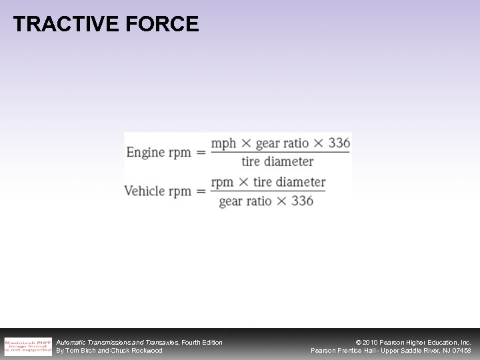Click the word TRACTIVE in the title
coord(57,25)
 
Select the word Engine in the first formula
coord(145,153)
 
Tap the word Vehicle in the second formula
coord(145,191)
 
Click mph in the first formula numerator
coord(223,144)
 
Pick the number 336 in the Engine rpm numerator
coord(339,144)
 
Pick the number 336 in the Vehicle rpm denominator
coord(302,201)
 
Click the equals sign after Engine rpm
coord(200,153)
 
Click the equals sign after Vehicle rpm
coord(200,191)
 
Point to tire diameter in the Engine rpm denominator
coord(277,161)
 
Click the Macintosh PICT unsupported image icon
coord(27,347)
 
